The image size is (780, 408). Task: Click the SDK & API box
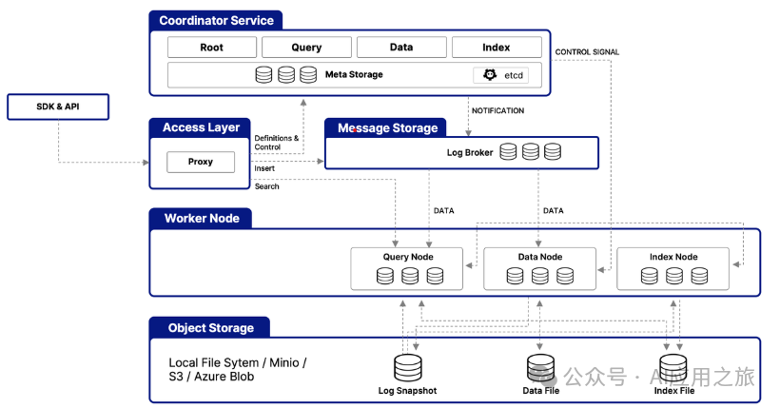(58, 107)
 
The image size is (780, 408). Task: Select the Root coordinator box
(212, 48)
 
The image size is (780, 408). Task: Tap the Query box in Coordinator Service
(306, 48)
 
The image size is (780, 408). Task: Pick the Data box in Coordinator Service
(401, 48)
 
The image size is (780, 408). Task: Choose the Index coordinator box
(497, 48)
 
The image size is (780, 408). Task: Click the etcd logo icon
(490, 74)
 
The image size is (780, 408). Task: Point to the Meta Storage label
(354, 74)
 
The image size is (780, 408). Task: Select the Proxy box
(201, 163)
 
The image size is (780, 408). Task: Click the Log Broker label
(470, 153)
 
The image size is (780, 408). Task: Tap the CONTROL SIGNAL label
(587, 51)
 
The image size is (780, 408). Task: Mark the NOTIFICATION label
(497, 110)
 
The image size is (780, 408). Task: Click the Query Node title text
(408, 257)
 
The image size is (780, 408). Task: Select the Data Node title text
(540, 257)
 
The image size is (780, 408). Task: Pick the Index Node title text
(673, 257)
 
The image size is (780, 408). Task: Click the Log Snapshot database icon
(408, 368)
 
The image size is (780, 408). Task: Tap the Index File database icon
(673, 368)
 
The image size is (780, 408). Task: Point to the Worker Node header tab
(201, 219)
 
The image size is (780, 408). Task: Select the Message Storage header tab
(385, 127)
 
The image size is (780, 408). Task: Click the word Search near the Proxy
(266, 186)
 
